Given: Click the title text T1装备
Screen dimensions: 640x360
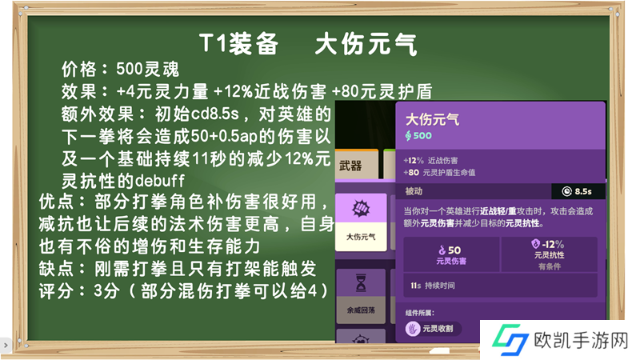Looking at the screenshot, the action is click(238, 44).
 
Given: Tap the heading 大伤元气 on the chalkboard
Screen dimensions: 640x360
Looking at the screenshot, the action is click(366, 44).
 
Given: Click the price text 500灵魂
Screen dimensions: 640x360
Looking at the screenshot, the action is click(148, 70).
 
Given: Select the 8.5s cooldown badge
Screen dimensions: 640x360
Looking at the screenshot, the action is click(578, 191).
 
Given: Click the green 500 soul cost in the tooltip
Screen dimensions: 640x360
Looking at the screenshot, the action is click(418, 135).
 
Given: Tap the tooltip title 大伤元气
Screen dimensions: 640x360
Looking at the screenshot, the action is click(432, 119).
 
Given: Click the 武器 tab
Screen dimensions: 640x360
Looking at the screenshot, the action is click(357, 165).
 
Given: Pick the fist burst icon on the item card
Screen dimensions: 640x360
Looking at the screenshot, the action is click(361, 209).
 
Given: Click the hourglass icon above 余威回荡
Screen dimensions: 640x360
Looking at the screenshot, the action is click(361, 283).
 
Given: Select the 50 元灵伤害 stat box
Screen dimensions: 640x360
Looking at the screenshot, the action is click(451, 254).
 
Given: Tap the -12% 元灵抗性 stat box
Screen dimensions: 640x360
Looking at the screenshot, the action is click(550, 254).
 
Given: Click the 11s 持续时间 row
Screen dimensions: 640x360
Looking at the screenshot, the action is click(500, 286).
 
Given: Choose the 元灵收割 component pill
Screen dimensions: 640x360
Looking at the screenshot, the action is click(433, 329).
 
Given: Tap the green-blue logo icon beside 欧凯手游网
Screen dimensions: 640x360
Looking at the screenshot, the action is click(510, 339).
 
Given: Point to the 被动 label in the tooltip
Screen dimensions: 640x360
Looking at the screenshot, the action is click(414, 191).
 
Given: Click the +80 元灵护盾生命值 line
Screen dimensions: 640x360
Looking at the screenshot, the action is click(439, 172).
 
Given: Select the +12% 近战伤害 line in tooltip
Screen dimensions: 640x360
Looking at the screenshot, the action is click(430, 161).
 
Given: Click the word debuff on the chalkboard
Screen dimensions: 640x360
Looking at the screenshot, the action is click(159, 180).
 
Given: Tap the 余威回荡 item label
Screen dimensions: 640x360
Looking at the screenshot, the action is click(361, 310).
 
